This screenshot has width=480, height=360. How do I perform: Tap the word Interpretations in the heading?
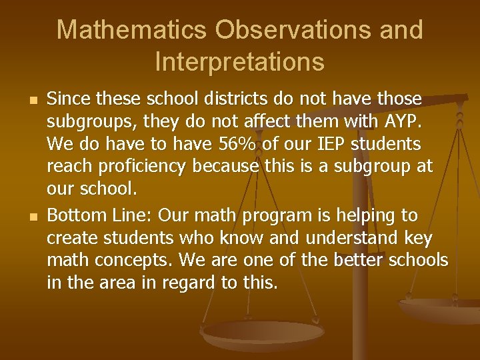pos(239,61)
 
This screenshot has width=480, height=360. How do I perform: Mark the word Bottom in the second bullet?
pos(74,215)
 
